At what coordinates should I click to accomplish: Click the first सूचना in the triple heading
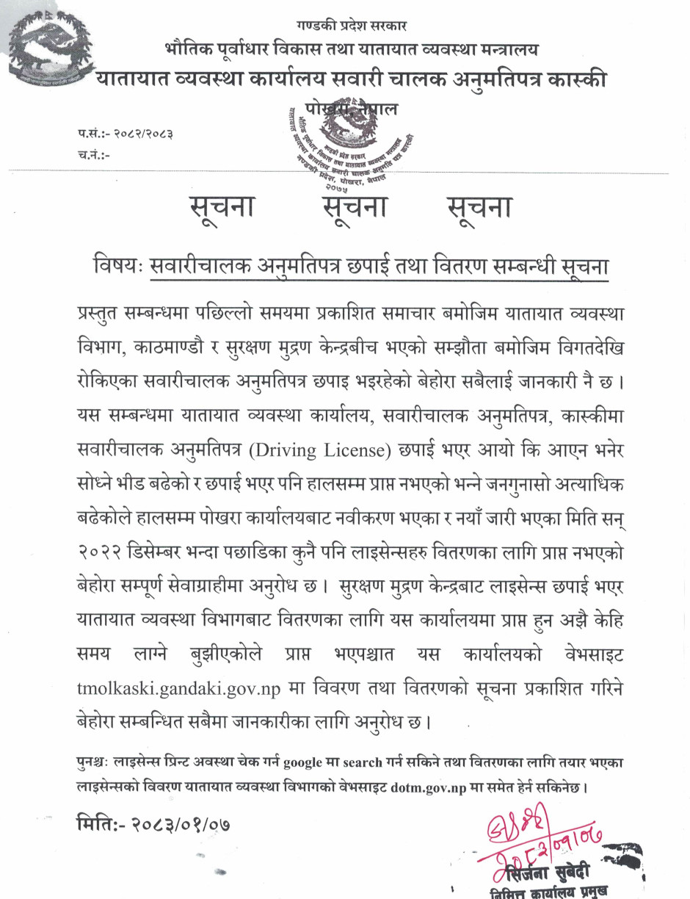point(221,208)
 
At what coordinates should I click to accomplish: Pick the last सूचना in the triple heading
point(479,208)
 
